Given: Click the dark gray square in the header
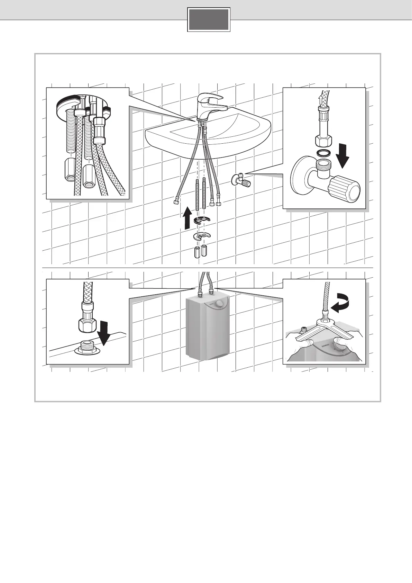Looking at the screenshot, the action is [209, 19].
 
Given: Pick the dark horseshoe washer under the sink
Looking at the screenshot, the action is [202, 221].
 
